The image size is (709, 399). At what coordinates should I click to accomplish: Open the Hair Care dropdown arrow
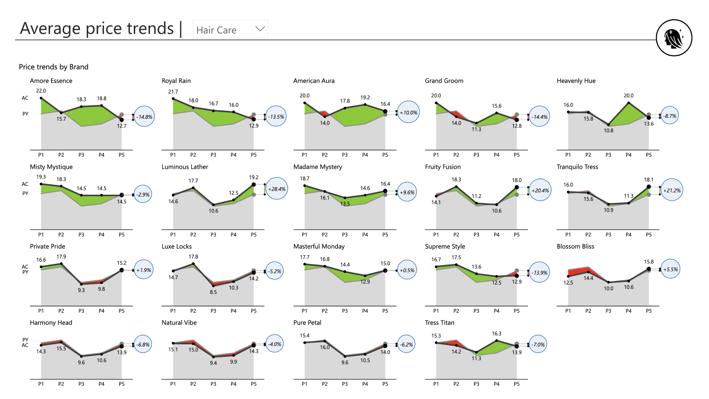pos(260,29)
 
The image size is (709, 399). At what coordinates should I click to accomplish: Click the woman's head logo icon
pos(674,38)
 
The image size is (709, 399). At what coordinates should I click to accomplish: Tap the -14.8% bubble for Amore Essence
pos(144,117)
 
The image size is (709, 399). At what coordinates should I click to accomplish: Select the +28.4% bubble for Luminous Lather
pos(277,189)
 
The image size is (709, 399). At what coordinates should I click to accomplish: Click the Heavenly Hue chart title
pos(576,81)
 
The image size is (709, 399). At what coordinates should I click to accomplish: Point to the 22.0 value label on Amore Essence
pos(41,91)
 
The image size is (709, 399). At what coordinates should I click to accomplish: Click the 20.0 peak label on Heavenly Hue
pos(628,95)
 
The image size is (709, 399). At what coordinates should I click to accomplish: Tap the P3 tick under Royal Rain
pos(213,155)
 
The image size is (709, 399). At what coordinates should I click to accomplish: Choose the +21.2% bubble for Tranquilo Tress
pos(672,190)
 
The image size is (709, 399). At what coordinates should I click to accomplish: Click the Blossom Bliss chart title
pos(575,246)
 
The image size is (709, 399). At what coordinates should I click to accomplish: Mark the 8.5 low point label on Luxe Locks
pos(213,292)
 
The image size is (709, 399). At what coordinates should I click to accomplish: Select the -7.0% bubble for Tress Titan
pos(538,344)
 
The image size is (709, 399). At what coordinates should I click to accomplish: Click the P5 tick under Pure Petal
pos(385,384)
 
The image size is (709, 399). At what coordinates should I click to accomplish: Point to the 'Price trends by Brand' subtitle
pos(54,67)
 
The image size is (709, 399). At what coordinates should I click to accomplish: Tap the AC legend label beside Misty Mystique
pos(25,184)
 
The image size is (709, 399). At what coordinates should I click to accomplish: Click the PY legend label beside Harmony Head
pos(25,340)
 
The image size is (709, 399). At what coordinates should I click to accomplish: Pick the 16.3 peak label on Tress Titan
pos(496,334)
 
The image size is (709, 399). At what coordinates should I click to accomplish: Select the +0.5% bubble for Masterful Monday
pos(407,270)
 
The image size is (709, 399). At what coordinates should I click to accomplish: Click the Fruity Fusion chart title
pos(442,167)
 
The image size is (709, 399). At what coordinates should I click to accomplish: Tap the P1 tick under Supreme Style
pos(436,311)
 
